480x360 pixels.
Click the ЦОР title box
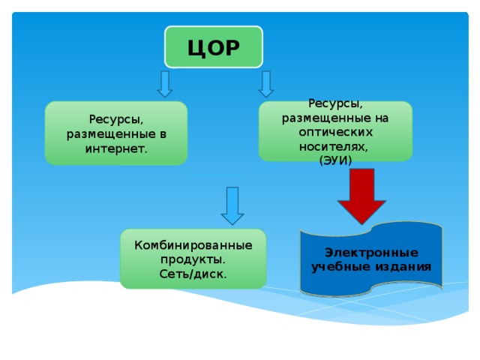[x=214, y=46]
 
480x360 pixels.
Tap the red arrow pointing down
[x=361, y=196]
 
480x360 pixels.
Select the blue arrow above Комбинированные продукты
[x=232, y=205]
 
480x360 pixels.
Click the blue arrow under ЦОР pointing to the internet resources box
[x=165, y=84]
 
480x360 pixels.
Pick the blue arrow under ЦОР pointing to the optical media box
[x=266, y=84]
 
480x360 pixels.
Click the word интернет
[x=116, y=149]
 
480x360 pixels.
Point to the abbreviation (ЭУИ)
[x=335, y=160]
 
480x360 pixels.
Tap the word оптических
[x=336, y=132]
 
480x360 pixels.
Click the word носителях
[x=333, y=147]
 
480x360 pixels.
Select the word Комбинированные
[x=193, y=245]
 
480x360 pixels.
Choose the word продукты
[x=193, y=259]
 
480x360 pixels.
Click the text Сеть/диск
[x=193, y=274]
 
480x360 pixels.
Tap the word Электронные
[x=371, y=253]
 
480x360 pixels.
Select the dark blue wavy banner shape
[x=371, y=259]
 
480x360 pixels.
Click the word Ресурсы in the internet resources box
[x=116, y=119]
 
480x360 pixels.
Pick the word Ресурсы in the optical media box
[x=335, y=103]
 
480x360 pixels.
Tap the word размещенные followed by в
[x=111, y=134]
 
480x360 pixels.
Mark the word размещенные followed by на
[x=326, y=118]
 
